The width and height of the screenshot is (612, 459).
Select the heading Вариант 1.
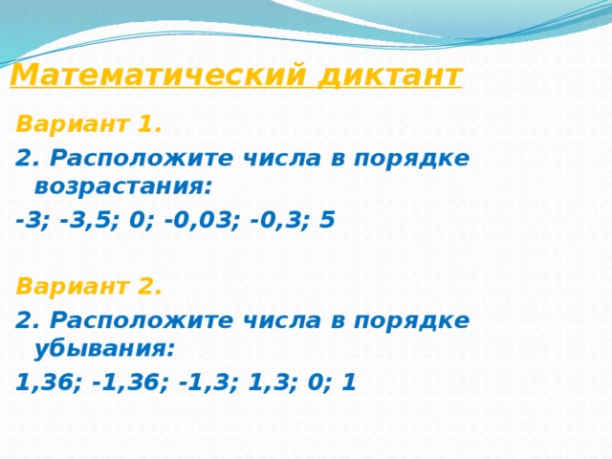[89, 124]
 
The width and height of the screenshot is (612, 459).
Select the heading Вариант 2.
[89, 287]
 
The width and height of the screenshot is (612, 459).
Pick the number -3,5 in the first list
[73, 219]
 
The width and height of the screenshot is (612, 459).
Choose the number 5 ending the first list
[327, 219]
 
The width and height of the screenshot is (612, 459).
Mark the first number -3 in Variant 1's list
[27, 219]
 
